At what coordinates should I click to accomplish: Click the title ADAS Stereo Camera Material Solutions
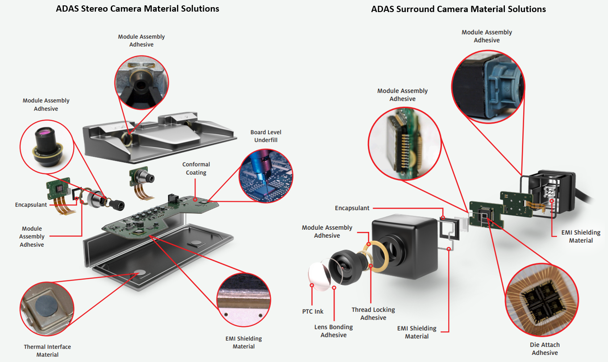coord(137,8)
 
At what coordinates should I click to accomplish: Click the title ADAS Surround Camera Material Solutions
coord(458,9)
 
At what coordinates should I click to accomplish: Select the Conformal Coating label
coord(196,168)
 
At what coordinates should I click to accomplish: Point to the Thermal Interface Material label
coord(47,350)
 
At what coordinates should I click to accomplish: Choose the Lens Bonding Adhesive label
coord(333,331)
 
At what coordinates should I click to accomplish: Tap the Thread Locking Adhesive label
coord(373,314)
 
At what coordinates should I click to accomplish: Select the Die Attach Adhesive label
coord(545,349)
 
